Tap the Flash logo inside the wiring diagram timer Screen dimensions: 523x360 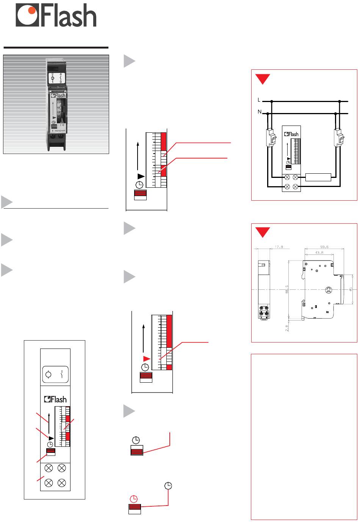[291, 134]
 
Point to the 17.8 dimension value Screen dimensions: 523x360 [279, 247]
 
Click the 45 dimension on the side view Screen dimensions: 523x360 [351, 289]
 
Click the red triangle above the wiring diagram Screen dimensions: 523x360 [262, 79]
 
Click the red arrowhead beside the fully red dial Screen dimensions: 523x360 [146, 358]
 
